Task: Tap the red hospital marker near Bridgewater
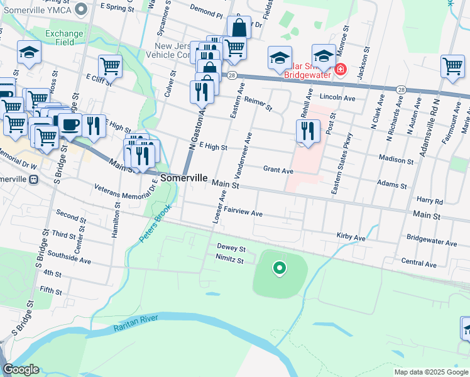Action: click(340, 68)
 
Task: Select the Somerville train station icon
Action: click(33, 178)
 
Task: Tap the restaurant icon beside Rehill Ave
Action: click(307, 131)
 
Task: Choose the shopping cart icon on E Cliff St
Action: click(110, 65)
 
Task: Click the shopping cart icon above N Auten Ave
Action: click(452, 66)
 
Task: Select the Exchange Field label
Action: click(64, 38)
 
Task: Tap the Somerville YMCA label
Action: click(38, 9)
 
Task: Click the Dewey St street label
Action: click(231, 248)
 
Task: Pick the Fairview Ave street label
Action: click(243, 213)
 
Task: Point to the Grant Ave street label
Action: click(278, 170)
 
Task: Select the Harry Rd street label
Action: click(430, 202)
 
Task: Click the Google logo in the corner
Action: click(21, 369)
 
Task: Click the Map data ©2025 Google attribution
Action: click(430, 372)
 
